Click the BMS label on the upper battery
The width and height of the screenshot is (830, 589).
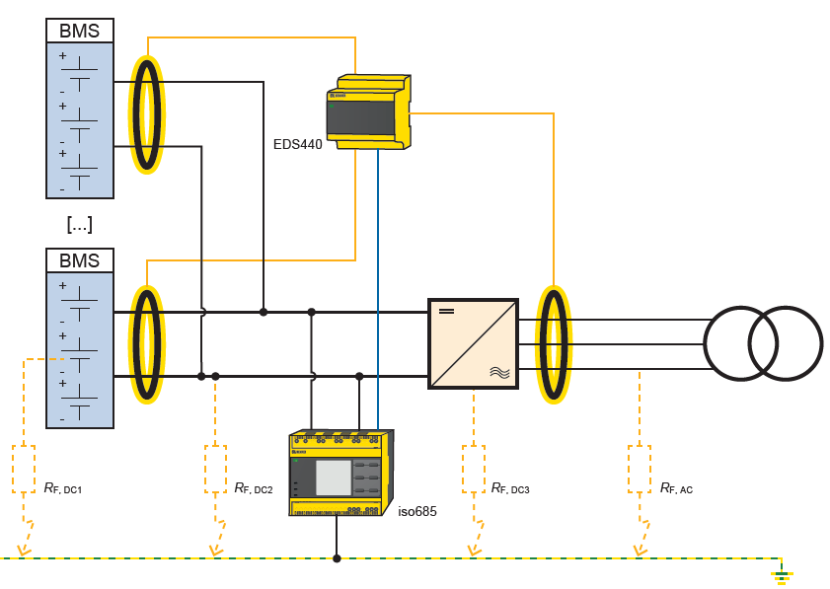point(80,31)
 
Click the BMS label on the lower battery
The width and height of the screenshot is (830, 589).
point(80,260)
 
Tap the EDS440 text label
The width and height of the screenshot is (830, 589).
point(297,144)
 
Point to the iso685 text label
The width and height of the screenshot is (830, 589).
point(416,511)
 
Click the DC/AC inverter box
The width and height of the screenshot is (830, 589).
point(473,342)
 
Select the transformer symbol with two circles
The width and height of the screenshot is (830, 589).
point(762,343)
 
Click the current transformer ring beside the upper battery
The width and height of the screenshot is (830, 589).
point(147,114)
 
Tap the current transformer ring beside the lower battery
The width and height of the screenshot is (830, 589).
point(147,344)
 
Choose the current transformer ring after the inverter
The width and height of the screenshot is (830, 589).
point(554,344)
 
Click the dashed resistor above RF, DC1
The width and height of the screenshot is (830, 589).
point(24,469)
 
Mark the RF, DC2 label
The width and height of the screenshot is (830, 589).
point(254,488)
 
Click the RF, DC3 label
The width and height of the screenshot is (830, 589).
point(510,488)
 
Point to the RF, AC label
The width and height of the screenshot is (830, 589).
point(676,488)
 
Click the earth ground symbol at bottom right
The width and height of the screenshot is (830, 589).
point(782,574)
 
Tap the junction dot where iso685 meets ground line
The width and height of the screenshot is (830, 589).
point(337,558)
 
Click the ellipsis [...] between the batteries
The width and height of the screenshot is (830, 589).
point(80,224)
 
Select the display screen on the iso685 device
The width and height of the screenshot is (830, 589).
point(333,478)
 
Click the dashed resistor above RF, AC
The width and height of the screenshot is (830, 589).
point(640,469)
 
